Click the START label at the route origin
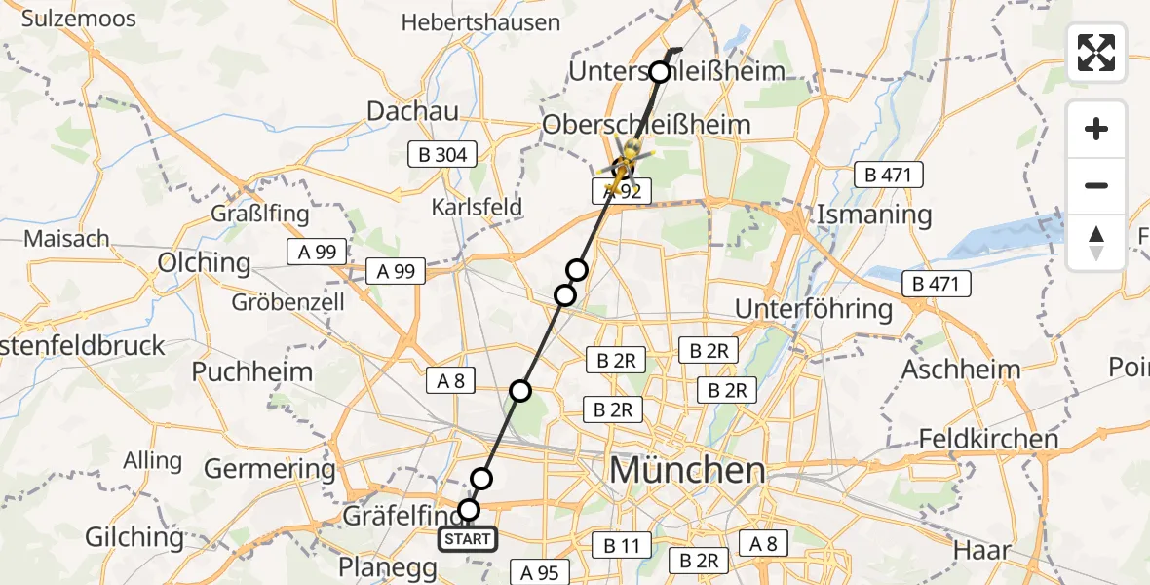pos(468,538)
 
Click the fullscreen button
pos(1096,53)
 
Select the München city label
pos(687,471)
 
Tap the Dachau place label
pos(412,111)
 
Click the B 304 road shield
pos(443,154)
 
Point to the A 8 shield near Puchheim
pos(450,381)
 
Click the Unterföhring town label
pos(813,309)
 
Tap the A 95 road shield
pos(538,572)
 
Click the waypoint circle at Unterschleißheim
pos(661,72)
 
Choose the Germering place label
pos(269,469)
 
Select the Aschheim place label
pos(961,370)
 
